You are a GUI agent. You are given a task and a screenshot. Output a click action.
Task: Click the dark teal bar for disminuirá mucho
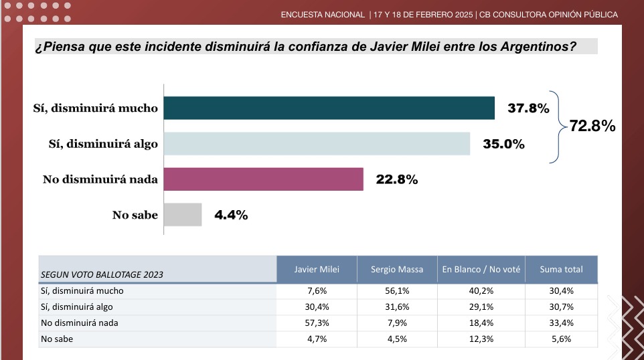coord(329,108)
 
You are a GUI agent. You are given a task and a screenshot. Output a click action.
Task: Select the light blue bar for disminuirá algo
coord(317,144)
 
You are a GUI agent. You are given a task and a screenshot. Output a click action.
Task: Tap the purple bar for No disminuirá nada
coord(264,179)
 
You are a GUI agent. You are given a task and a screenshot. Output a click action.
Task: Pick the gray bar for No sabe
coord(183,215)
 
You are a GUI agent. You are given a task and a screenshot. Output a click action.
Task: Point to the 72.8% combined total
coord(592,126)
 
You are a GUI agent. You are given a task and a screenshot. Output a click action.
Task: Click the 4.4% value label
coord(231,215)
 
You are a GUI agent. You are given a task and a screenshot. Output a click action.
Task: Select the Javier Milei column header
coord(317,270)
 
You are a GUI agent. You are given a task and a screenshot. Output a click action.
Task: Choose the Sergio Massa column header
coord(397,270)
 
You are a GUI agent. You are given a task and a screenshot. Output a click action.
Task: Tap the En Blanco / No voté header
coord(481,270)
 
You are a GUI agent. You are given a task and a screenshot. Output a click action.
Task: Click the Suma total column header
coord(561,270)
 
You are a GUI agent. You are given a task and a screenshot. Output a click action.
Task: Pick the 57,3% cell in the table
coord(317,323)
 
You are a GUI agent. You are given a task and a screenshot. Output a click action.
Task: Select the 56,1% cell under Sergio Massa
coord(397,291)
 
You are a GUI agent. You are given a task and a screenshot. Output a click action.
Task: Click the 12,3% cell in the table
coord(481,339)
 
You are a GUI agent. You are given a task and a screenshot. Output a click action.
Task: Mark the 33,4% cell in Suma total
coord(561,323)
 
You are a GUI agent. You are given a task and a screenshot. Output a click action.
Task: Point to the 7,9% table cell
coord(397,323)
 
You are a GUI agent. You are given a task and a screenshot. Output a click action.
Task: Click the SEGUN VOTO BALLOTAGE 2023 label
coord(102,274)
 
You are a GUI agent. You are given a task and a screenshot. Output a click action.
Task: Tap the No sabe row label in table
coord(57,339)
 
